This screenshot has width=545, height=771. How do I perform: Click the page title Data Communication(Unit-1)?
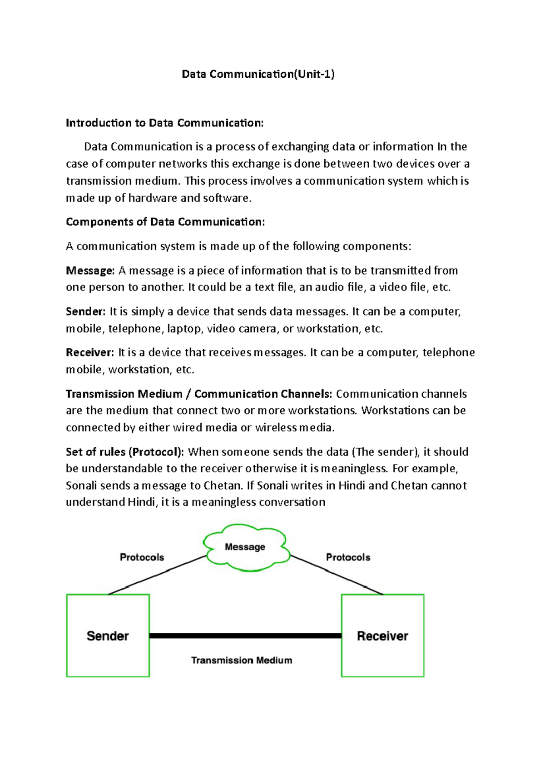point(258,74)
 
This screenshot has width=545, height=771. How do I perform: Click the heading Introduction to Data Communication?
point(164,123)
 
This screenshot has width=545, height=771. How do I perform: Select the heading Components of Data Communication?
point(165,221)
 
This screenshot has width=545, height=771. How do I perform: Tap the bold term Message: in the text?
point(90,270)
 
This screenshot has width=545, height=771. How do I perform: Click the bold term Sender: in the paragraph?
point(85,311)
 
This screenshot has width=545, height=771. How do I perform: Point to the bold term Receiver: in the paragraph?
point(90,352)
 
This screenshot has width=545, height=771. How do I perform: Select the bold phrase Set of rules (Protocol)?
point(125,451)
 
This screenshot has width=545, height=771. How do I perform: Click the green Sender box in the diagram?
point(108,636)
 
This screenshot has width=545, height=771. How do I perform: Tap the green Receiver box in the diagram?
point(382,636)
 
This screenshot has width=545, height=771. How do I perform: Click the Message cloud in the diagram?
point(245,547)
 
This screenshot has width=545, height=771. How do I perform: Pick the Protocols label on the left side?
point(142,557)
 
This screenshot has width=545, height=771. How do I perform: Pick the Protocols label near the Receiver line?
point(348,557)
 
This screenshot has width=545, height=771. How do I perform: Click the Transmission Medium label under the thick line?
point(242,660)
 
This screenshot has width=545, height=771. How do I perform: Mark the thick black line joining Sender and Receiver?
point(245,636)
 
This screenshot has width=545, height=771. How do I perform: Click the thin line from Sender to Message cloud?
point(157,575)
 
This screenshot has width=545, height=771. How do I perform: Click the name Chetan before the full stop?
point(222,486)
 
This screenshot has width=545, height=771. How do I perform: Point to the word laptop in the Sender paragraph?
point(184,328)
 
